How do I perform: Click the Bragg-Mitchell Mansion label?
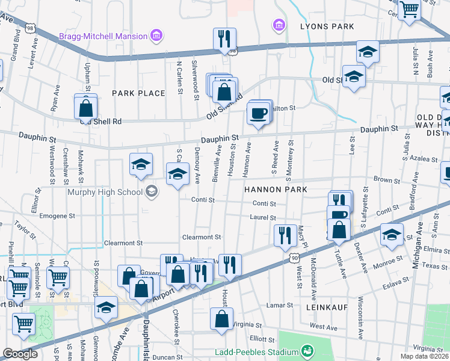(103, 36)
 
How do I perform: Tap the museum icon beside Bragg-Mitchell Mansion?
(156, 36)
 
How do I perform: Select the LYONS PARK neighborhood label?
(327, 26)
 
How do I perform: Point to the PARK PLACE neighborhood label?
(138, 93)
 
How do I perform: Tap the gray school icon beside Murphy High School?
(152, 192)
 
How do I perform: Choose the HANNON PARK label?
(276, 190)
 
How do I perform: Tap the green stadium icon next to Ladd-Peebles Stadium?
(307, 351)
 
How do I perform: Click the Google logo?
(20, 354)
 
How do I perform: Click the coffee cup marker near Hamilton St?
(259, 113)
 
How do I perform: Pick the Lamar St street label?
(280, 305)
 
